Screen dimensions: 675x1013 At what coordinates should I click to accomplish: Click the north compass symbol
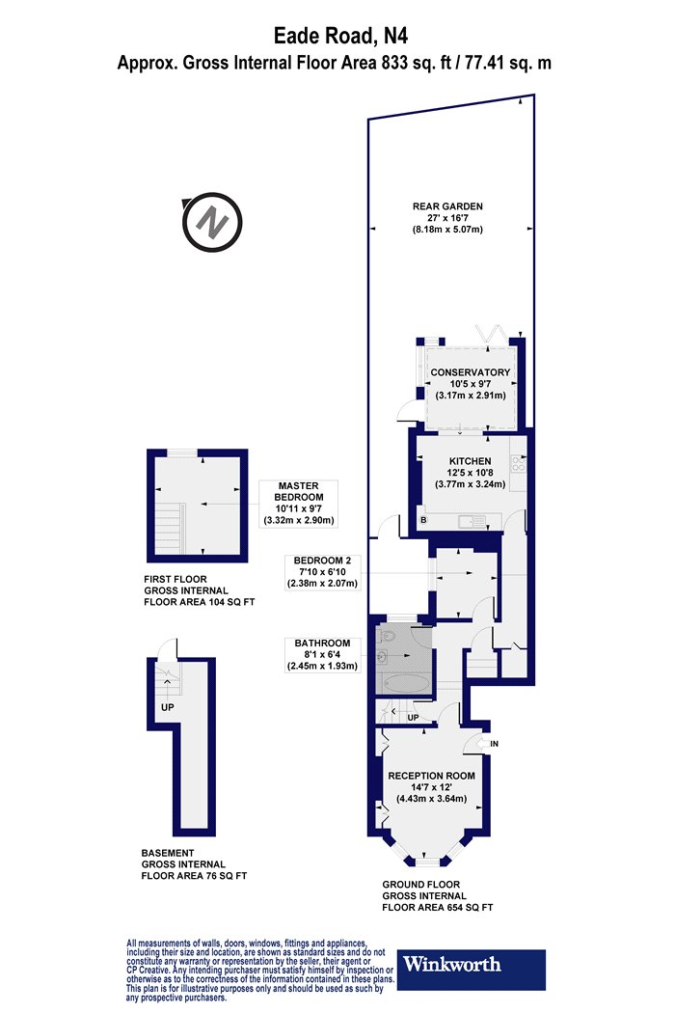coord(212,222)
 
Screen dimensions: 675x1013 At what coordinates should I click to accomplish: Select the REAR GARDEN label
coord(447,206)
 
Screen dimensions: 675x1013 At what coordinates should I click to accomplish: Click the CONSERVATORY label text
coord(471,372)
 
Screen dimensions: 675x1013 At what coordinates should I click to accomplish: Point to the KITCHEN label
coord(471,461)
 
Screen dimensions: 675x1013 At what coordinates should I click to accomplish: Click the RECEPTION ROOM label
coord(431,776)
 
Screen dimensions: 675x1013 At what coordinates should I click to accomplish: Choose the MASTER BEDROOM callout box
coord(298,503)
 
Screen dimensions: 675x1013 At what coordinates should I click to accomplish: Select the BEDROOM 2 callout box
coord(322,572)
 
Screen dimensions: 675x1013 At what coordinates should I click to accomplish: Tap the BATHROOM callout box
coord(322,655)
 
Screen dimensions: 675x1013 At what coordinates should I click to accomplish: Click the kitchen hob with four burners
coord(519,463)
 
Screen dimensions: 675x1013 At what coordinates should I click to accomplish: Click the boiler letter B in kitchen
coord(423,519)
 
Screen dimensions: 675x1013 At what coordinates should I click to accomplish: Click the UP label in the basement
coord(167,707)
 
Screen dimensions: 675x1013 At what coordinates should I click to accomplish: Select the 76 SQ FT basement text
coord(223,876)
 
